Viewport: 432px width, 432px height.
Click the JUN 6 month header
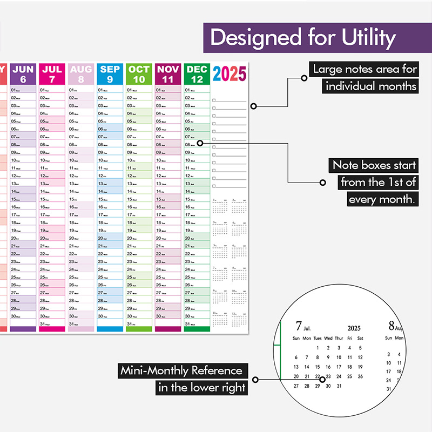(x=23, y=73)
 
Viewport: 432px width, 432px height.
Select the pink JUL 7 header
(x=52, y=73)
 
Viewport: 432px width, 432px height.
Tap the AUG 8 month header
(x=81, y=73)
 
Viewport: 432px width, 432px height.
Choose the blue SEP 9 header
(x=110, y=73)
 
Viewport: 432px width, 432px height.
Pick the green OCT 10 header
(x=139, y=73)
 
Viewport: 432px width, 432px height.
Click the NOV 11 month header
(x=168, y=73)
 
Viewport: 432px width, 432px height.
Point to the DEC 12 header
(x=197, y=73)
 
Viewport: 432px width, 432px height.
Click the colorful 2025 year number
(x=230, y=74)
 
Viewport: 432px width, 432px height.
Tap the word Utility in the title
(x=368, y=38)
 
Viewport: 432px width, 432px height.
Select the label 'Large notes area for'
(x=365, y=69)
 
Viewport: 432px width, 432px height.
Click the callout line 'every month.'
(x=381, y=199)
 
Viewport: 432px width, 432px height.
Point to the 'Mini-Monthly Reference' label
(x=181, y=370)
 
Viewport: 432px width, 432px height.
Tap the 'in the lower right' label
(x=202, y=387)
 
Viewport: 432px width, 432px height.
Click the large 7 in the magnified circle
(x=299, y=326)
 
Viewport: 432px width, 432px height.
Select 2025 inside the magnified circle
(x=354, y=328)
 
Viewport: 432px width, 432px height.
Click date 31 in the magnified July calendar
(x=339, y=386)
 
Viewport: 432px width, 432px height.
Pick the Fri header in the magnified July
(x=350, y=338)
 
